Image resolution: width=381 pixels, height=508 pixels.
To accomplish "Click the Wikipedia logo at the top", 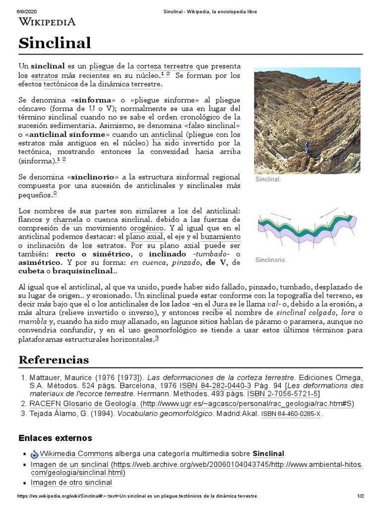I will tap(47, 21).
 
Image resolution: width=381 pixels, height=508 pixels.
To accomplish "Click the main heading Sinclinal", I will tap(55, 43).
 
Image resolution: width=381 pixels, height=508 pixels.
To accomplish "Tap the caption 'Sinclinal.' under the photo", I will tap(268, 179).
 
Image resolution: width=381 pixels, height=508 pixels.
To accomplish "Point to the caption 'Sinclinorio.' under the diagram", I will tap(271, 259).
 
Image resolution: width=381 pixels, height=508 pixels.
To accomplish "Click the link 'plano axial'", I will tap(144, 237).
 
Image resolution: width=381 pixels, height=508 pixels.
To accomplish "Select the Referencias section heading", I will tap(54, 359).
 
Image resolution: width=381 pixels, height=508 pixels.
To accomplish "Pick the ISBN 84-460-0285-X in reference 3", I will tap(291, 414).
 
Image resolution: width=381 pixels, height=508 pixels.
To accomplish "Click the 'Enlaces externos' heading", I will tap(55, 438).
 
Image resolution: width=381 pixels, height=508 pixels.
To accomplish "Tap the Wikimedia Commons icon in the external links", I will tap(34, 454).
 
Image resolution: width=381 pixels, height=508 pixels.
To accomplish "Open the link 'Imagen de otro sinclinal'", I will tap(71, 482).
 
